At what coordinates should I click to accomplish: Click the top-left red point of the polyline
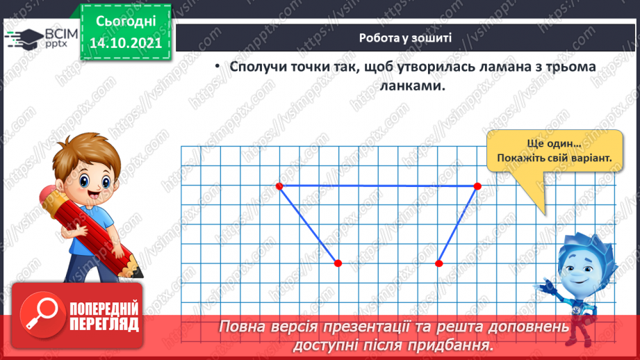(x=279, y=186)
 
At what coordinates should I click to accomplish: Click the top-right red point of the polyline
(x=477, y=186)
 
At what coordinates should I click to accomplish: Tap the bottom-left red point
(x=338, y=263)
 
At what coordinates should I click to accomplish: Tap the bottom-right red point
(x=439, y=263)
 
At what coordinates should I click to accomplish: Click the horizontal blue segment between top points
(x=379, y=186)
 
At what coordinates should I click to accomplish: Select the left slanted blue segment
(x=309, y=224)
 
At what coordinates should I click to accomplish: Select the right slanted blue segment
(x=459, y=224)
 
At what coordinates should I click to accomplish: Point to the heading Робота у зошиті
(x=406, y=38)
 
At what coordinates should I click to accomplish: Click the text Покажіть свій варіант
(x=555, y=158)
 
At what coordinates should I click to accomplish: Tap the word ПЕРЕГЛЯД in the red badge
(x=104, y=325)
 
